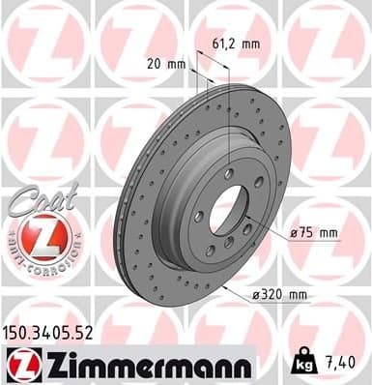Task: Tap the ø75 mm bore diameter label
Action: point(315,232)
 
